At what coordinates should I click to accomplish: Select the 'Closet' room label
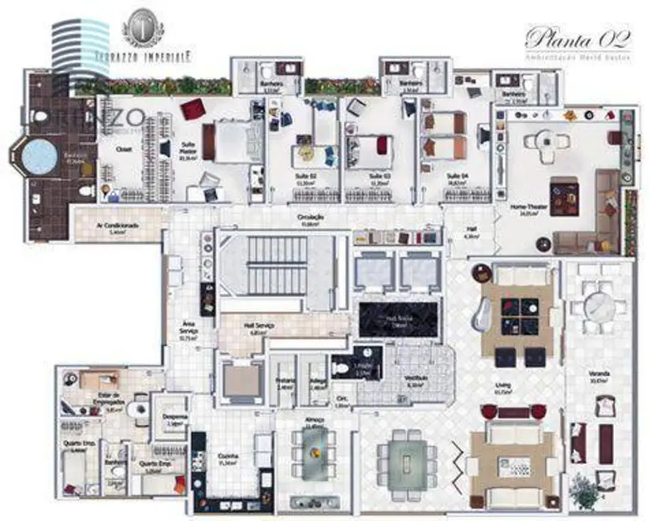pyautogui.click(x=123, y=149)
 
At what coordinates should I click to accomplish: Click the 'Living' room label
pyautogui.click(x=502, y=388)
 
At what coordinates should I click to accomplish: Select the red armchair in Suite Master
pyautogui.click(x=191, y=110)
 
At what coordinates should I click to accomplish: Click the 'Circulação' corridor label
pyautogui.click(x=309, y=218)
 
